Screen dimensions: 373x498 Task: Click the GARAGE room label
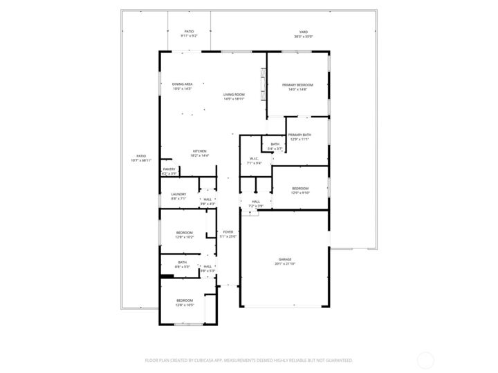point(285,261)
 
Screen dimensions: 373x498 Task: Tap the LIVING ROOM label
point(234,96)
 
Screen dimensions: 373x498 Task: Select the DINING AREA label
point(183,86)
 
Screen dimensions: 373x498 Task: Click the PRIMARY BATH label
point(299,136)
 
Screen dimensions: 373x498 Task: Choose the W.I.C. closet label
point(255,160)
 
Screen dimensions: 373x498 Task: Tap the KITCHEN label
point(199,153)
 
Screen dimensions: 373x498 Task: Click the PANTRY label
point(169,171)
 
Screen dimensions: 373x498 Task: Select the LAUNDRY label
point(178,196)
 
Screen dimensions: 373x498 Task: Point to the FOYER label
point(228,233)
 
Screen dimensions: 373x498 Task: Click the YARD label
point(303,33)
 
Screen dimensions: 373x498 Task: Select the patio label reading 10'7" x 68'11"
point(140,157)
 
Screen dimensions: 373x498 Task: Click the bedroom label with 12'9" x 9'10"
point(299,190)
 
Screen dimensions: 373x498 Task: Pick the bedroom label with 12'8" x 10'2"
point(185,234)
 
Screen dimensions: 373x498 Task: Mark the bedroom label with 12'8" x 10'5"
point(185,302)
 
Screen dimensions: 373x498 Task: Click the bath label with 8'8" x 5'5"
point(182,263)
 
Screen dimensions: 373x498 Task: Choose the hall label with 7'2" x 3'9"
point(256,203)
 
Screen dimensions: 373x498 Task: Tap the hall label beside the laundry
point(207,201)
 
